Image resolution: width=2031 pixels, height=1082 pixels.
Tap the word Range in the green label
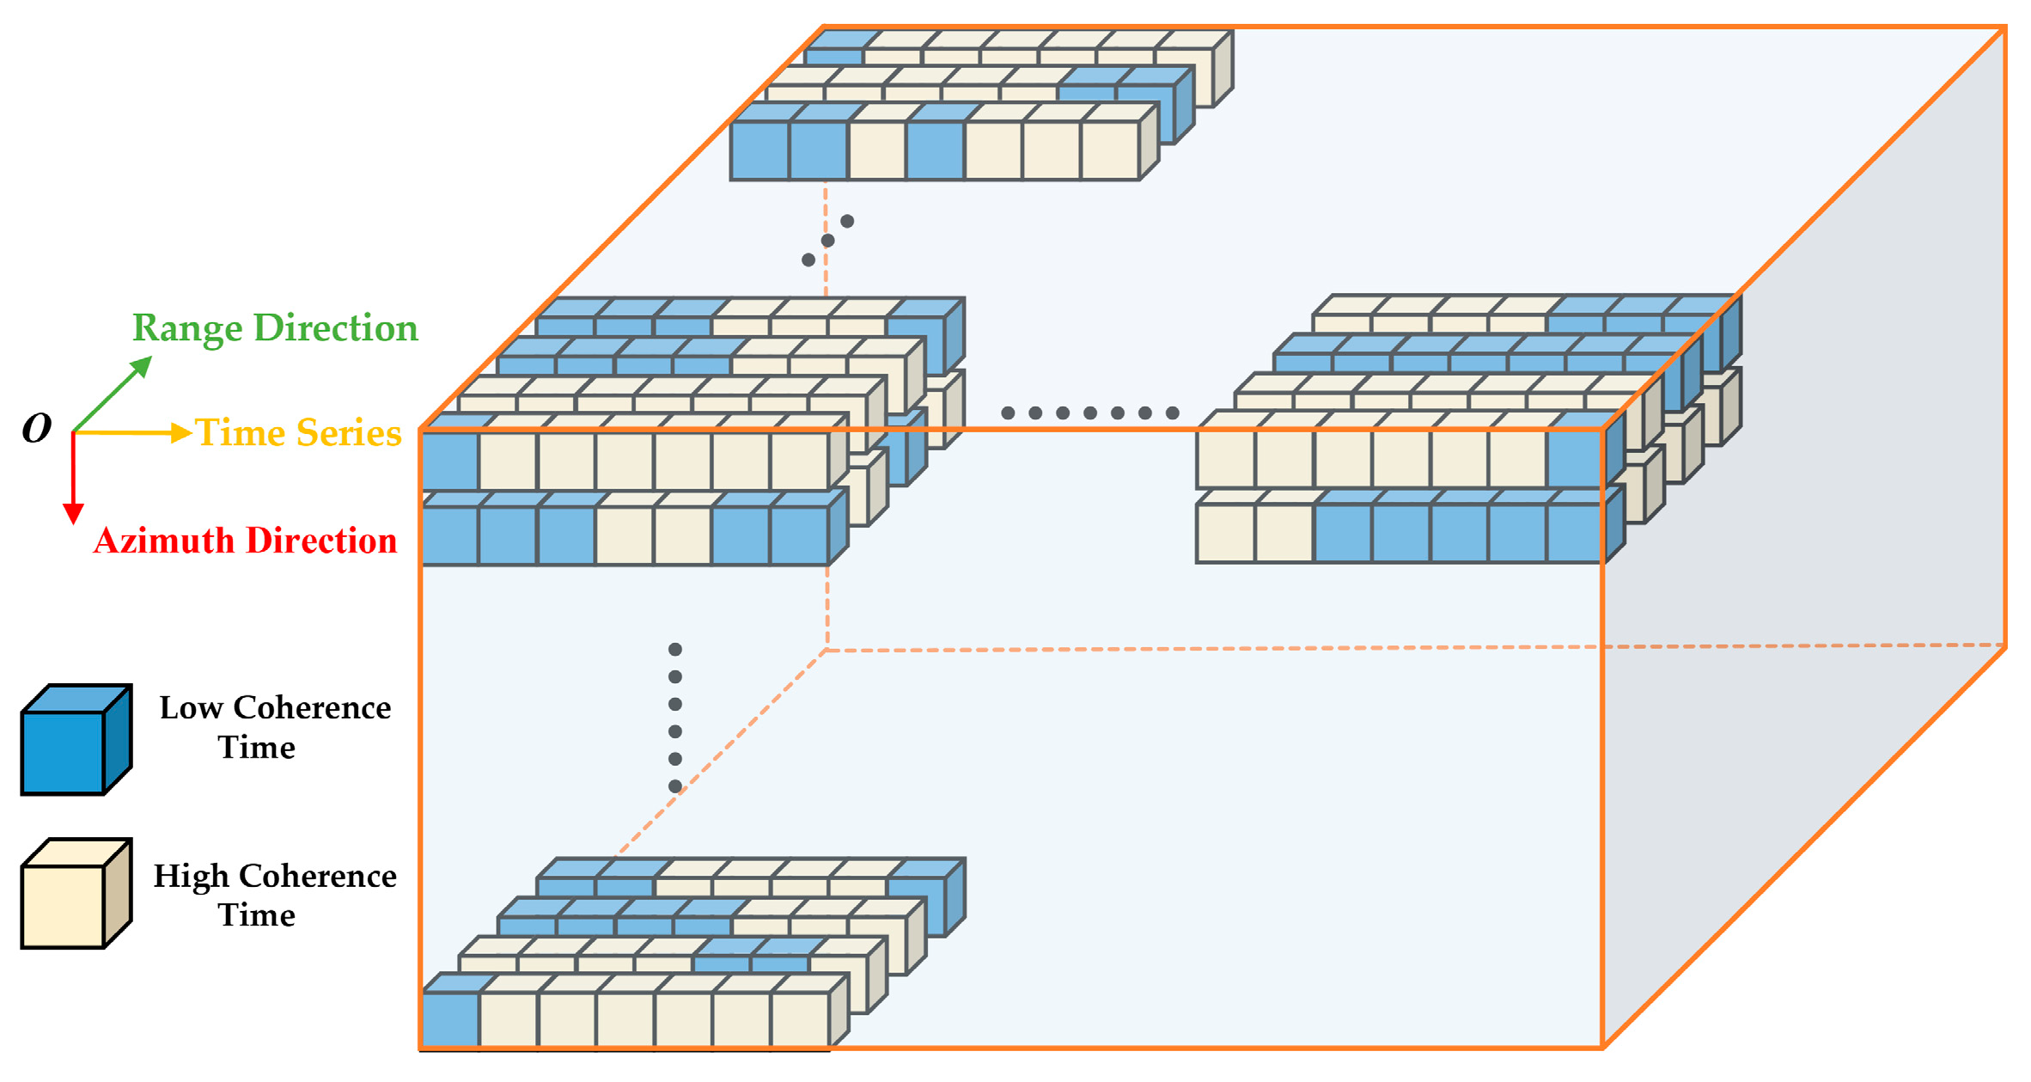tap(186, 328)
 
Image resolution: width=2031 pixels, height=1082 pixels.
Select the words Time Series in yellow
tap(298, 433)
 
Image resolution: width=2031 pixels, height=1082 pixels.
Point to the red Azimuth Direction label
tap(245, 541)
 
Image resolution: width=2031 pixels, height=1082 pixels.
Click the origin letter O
tap(37, 428)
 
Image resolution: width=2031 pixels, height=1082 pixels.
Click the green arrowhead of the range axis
tap(142, 368)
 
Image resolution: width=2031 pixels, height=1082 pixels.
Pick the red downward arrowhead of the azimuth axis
tap(74, 514)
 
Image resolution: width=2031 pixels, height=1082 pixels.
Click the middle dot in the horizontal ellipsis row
tap(1090, 413)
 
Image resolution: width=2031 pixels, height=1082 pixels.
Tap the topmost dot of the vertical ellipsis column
tap(675, 650)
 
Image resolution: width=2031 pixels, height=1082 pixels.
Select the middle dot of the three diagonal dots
tap(827, 241)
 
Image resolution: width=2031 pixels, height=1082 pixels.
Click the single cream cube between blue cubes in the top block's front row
tap(877, 150)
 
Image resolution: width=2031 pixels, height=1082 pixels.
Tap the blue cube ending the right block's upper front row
tap(1575, 458)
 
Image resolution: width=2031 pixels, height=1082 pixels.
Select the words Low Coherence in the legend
tap(275, 708)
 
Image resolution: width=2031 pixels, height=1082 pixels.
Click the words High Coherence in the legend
tap(275, 877)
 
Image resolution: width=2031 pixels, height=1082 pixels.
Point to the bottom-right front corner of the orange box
tap(1603, 1047)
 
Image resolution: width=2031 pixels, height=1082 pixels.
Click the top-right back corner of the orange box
tap(2005, 28)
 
